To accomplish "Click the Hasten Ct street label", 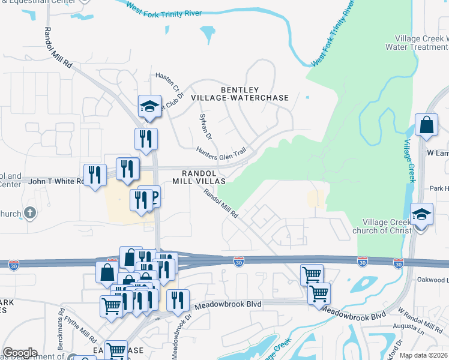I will (167, 82).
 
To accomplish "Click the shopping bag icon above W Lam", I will (426, 125).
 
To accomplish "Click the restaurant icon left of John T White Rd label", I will (94, 175).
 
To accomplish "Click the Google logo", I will (20, 353).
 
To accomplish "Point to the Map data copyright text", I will (424, 355).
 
